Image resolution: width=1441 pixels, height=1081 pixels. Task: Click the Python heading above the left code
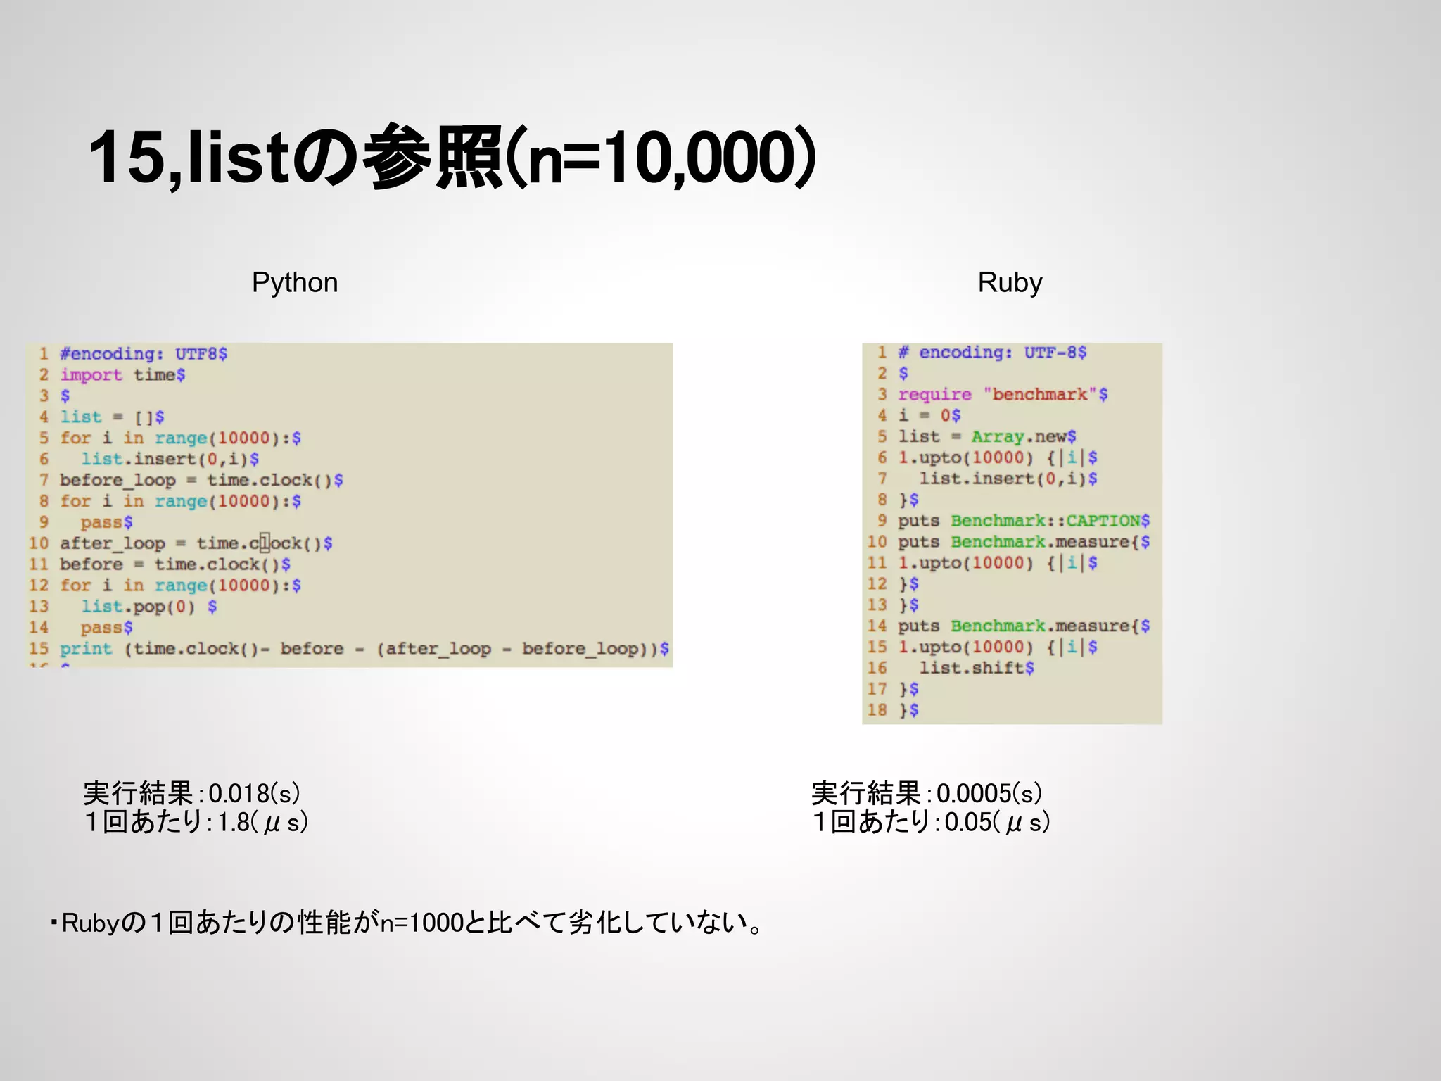pos(295,283)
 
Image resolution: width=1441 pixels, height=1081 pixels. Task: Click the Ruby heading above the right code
pos(1010,283)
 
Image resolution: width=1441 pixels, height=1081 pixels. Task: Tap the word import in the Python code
pos(91,375)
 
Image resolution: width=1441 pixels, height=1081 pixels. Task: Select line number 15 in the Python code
pos(39,648)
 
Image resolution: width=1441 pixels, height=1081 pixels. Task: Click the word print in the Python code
pos(86,648)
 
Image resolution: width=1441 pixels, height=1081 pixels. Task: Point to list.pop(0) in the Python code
pos(138,607)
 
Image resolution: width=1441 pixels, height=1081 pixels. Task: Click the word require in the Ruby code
pos(934,394)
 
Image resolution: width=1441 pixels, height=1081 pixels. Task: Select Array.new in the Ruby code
pos(1023,436)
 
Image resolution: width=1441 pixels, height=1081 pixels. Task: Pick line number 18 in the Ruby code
pos(877,710)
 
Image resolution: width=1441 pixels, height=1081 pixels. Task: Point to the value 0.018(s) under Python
pos(254,794)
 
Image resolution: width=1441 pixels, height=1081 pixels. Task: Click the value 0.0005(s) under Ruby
pos(989,794)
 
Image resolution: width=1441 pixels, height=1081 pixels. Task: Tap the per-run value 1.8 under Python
pos(234,822)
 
